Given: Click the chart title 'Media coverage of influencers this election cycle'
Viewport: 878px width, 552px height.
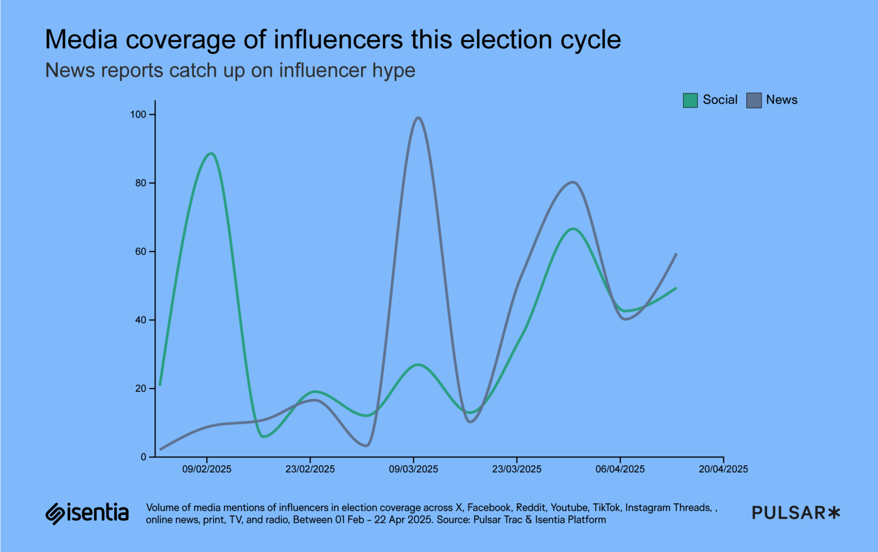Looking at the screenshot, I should click(x=333, y=40).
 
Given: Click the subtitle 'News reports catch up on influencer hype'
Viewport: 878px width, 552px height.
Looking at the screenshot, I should click(x=230, y=71).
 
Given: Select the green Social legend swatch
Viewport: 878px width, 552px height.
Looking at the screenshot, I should click(x=690, y=100).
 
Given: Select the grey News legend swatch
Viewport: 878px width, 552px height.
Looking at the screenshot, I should click(x=754, y=100).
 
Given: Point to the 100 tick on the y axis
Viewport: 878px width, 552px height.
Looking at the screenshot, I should click(x=138, y=114).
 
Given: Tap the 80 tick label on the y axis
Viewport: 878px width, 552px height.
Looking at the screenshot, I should click(x=140, y=183).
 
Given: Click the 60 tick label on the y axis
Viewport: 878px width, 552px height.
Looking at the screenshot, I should click(x=140, y=251).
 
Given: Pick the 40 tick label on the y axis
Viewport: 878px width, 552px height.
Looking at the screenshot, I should click(x=140, y=320).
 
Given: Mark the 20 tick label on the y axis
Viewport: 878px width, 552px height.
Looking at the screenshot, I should click(x=140, y=389).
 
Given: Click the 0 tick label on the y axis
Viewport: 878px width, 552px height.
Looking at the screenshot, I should click(x=143, y=457).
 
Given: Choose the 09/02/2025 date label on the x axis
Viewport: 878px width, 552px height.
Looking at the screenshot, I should click(x=207, y=469).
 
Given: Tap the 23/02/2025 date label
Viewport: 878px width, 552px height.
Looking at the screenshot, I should click(x=310, y=469).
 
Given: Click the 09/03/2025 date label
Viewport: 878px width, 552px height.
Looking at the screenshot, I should click(x=413, y=469).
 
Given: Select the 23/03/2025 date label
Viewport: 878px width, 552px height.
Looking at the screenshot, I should click(x=516, y=469).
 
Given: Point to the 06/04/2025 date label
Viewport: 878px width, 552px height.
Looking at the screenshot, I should click(x=620, y=469).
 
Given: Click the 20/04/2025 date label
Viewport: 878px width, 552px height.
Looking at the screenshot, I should click(x=723, y=469).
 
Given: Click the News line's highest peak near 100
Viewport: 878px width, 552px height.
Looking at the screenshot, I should click(x=418, y=118).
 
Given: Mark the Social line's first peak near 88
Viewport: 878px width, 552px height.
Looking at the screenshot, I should click(x=211, y=153).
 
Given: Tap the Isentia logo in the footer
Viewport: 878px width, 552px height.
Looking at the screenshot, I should click(x=87, y=513).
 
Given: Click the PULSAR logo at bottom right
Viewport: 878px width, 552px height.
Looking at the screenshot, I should click(x=796, y=513).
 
